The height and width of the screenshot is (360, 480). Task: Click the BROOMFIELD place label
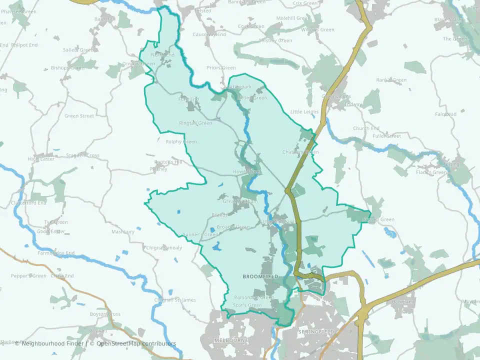[260, 276]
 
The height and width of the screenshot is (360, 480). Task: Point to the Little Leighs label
[304, 111]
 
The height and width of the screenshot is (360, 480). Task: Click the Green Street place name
[79, 116]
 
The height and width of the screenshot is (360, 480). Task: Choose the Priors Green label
[221, 68]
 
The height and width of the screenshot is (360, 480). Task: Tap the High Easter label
[41, 159]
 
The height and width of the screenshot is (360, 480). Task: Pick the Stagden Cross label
[82, 155]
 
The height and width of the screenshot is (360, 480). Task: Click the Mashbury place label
[123, 232]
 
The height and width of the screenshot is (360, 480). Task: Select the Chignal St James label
[175, 300]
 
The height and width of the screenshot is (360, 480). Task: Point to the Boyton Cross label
[105, 314]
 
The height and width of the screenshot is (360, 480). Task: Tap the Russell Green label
[380, 219]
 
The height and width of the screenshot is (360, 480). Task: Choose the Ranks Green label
[391, 80]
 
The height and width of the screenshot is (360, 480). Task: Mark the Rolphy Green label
[181, 142]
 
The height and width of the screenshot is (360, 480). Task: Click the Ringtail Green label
[195, 123]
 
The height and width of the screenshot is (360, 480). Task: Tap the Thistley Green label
[275, 40]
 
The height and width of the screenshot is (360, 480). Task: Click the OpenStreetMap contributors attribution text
[136, 343]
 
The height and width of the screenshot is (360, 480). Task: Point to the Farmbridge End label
[56, 253]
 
